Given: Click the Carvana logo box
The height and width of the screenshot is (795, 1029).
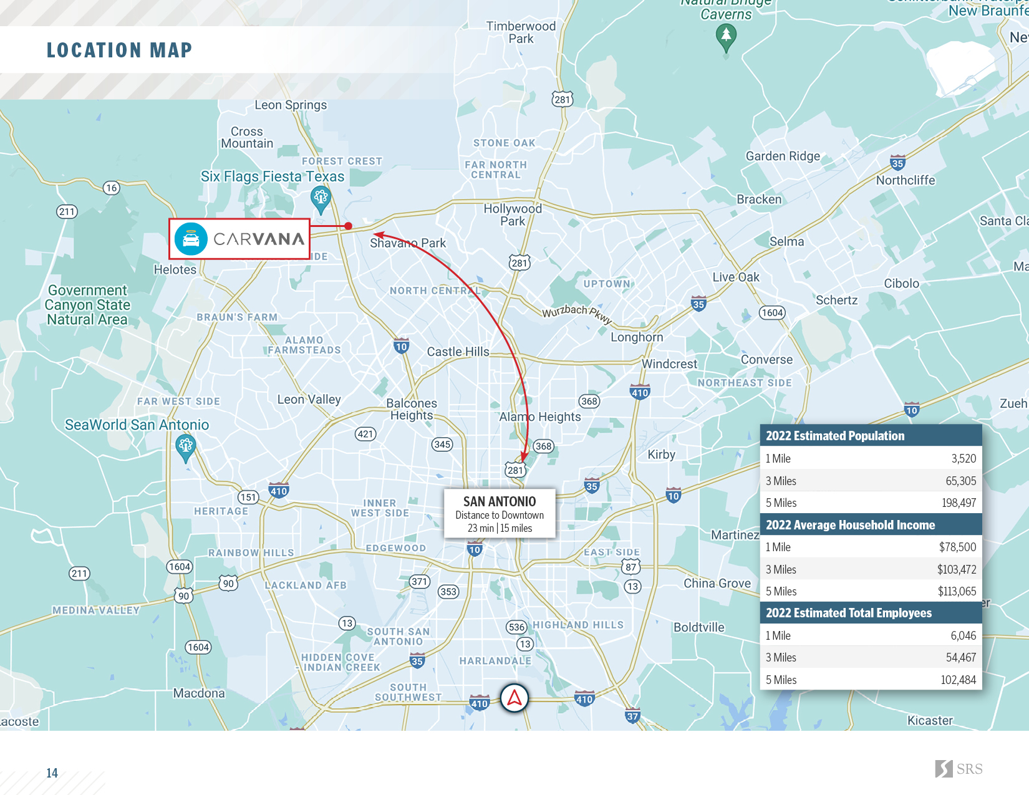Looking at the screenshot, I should (239, 239).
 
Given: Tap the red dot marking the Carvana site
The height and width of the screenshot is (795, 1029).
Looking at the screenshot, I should (349, 226).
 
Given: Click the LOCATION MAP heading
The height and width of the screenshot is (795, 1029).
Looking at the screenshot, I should (119, 51).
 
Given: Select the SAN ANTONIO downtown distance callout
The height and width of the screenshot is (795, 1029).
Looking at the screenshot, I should (500, 514).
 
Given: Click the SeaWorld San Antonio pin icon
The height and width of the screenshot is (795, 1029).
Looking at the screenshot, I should (185, 447).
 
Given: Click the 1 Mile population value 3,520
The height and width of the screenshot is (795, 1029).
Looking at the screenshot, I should (964, 459).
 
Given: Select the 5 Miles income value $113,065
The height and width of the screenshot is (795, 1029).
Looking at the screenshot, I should (957, 592).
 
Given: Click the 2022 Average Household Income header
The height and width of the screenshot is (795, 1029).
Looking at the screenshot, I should (850, 525).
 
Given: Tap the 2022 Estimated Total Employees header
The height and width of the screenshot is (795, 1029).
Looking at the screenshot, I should (849, 613).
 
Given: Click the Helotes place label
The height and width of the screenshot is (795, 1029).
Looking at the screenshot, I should (175, 269).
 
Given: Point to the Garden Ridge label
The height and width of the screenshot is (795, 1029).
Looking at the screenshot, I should (783, 156).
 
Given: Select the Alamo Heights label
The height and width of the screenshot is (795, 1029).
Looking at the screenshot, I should (540, 417).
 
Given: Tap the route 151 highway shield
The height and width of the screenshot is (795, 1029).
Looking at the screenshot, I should (248, 497).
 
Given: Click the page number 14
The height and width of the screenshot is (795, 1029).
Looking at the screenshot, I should (52, 773).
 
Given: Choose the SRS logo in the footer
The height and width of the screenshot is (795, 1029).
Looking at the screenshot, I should (959, 769).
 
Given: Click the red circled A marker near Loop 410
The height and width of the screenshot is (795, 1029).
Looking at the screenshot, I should (514, 698).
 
